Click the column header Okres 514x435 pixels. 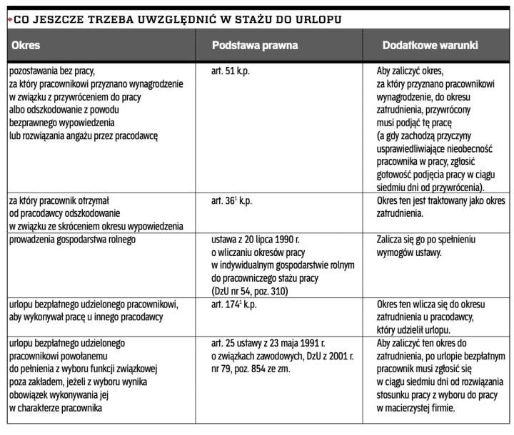[x=26, y=45]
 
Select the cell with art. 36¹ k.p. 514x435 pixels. [x=232, y=202]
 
